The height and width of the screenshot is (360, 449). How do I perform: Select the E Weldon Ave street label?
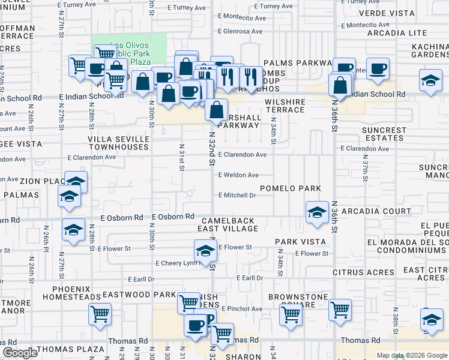coord(238,175)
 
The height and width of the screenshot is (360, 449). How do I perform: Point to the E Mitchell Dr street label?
coord(237,195)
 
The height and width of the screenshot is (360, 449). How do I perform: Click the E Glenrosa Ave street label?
coord(240,31)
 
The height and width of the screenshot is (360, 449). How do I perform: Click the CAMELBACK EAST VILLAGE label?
coord(229,224)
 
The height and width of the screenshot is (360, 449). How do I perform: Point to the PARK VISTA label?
coord(301,242)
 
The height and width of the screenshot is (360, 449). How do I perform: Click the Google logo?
coord(20,353)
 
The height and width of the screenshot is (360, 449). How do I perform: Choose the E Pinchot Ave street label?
coord(243,309)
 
